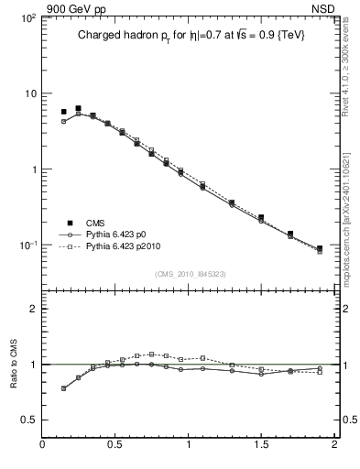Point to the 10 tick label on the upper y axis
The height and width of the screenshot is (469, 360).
point(28,94)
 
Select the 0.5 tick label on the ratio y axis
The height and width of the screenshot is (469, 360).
point(27,420)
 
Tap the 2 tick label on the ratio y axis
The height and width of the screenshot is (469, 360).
point(31,309)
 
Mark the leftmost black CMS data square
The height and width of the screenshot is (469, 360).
point(63,112)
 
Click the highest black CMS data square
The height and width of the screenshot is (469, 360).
point(78,108)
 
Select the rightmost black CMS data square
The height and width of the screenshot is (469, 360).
point(319,248)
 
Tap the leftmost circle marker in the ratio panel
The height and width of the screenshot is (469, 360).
point(63,388)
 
